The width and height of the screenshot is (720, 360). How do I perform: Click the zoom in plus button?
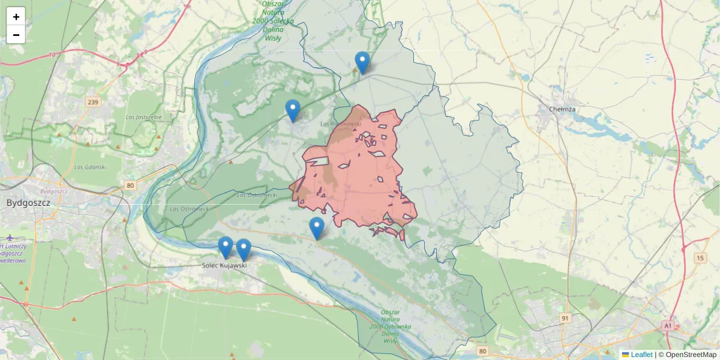(x=16, y=17)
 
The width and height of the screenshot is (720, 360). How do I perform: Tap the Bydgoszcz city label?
(x=28, y=203)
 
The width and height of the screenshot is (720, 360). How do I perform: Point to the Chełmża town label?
(x=563, y=109)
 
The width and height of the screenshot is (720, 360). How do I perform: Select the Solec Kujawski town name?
(x=224, y=265)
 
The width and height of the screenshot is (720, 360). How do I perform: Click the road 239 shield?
(x=92, y=102)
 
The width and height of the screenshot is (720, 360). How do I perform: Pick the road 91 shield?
(x=565, y=317)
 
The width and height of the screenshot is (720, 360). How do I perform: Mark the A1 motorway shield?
(x=668, y=325)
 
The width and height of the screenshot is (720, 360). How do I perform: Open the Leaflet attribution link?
(x=641, y=355)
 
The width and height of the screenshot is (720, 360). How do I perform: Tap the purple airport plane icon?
(x=10, y=238)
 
